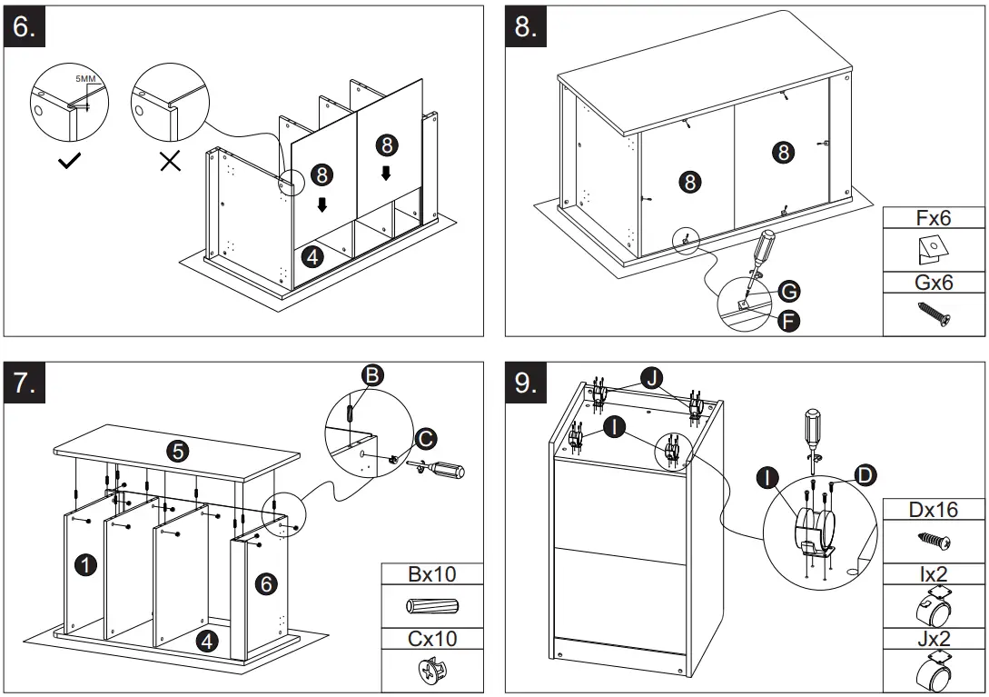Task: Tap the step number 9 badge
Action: pos(526,383)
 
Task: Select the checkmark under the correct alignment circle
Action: pos(69,163)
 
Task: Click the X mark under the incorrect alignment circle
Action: pos(170,163)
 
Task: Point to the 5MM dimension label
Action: pos(85,80)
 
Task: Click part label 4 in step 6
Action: pos(312,256)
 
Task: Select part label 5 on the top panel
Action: pos(178,449)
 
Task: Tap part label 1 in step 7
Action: pos(85,565)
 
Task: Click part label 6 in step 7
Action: pos(266,583)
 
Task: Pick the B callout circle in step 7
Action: pos(371,375)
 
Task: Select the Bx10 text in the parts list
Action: pos(431,574)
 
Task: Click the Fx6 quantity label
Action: pos(934,217)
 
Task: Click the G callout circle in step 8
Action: pos(788,291)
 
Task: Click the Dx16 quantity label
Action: pos(934,510)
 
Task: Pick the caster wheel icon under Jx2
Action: pos(934,672)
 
